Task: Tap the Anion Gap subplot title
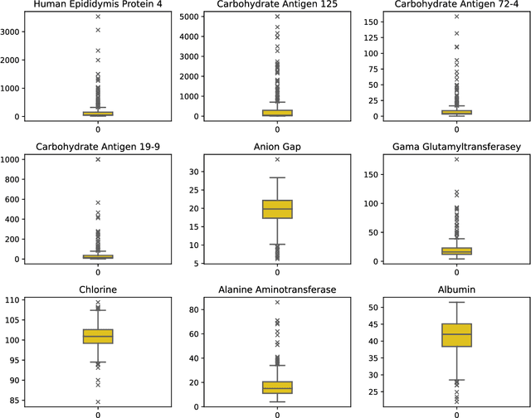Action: (277, 147)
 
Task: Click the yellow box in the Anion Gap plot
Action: (277, 209)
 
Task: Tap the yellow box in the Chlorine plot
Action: (98, 336)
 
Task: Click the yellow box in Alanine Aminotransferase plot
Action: (277, 387)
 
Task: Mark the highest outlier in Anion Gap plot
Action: (277, 159)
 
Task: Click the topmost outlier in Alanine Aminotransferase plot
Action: (277, 302)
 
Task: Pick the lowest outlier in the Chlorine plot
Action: (98, 402)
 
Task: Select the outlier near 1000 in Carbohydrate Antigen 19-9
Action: (98, 159)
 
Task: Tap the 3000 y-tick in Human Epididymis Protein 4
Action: (14, 32)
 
